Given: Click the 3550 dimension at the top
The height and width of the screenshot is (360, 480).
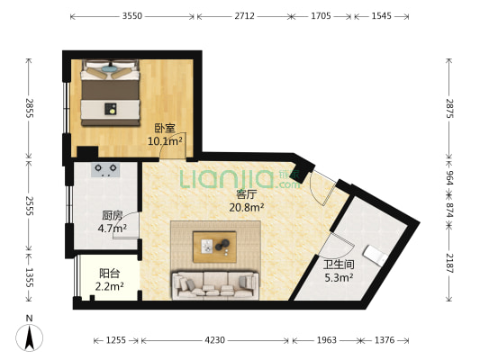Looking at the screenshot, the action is [132, 15].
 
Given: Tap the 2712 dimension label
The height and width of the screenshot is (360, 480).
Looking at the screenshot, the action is [244, 15].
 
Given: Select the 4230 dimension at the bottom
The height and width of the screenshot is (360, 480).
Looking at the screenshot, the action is [215, 340].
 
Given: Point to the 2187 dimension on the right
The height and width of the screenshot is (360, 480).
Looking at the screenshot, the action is [450, 263].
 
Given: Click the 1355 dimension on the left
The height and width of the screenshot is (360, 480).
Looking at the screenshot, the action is [29, 277].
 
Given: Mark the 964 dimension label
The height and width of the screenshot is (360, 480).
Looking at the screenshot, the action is [450, 177].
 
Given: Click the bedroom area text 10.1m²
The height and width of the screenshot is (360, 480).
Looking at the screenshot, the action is [165, 141].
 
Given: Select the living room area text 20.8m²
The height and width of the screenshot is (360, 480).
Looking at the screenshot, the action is [247, 207].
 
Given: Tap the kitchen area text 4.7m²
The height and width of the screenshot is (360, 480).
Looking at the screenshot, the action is [113, 228].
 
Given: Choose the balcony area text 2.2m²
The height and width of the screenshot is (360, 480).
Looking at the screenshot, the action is [109, 286].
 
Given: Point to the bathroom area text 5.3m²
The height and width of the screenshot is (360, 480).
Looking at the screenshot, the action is [339, 277].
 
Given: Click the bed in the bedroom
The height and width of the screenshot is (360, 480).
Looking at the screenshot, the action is [111, 93].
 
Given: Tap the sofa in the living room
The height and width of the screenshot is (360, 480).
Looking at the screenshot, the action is [215, 284].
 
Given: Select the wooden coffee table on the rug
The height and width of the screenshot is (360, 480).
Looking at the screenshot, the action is [214, 247].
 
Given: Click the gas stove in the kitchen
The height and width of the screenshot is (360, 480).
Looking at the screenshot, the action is [105, 170].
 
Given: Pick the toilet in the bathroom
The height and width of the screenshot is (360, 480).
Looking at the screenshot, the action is [375, 255].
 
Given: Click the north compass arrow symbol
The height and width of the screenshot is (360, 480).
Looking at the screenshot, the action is [30, 337].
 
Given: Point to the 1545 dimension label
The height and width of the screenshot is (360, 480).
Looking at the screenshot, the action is [382, 15].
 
